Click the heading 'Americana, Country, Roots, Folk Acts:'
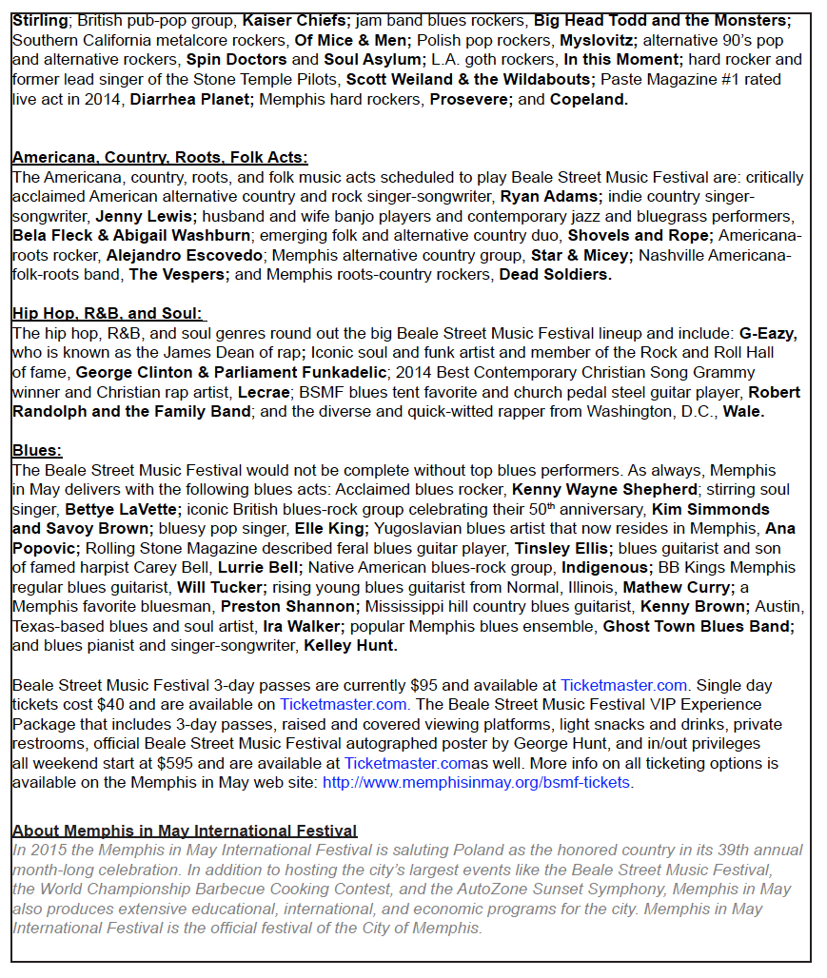pyautogui.click(x=160, y=158)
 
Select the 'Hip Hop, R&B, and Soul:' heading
pyautogui.click(x=108, y=313)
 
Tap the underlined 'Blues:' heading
pyautogui.click(x=37, y=451)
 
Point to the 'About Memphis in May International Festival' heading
pyautogui.click(x=185, y=831)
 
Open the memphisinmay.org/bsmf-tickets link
pyautogui.click(x=476, y=783)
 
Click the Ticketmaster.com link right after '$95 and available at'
pyautogui.click(x=623, y=685)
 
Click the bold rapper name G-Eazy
pyautogui.click(x=768, y=334)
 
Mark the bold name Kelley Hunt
pyautogui.click(x=350, y=646)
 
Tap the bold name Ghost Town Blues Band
pyautogui.click(x=699, y=626)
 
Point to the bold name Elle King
pyautogui.click(x=330, y=528)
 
